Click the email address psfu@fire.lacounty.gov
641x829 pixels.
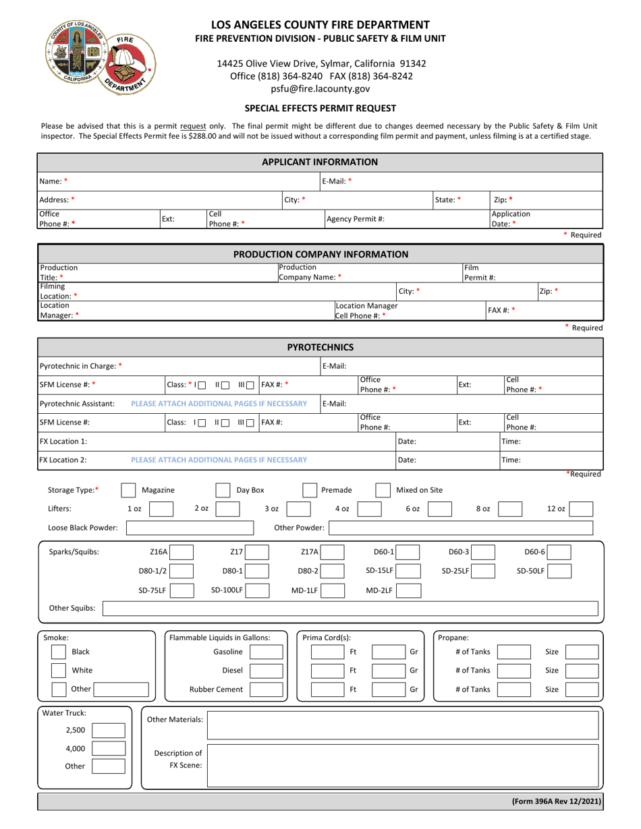click(320, 88)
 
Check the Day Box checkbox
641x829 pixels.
click(223, 490)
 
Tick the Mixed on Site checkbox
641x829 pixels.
click(383, 490)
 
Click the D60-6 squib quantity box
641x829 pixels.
click(559, 553)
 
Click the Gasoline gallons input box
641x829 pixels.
click(267, 652)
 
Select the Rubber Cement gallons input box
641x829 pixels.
click(267, 689)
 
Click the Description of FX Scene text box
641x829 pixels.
click(401, 760)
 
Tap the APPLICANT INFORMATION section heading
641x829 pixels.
click(320, 162)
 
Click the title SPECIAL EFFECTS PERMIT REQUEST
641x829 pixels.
click(320, 108)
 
